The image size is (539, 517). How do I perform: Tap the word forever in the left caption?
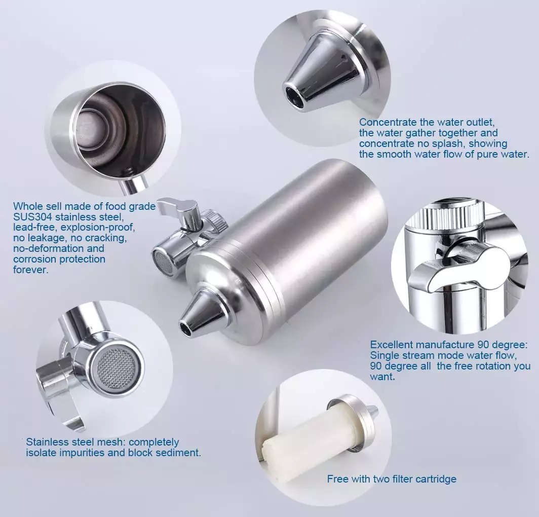[x=30, y=270]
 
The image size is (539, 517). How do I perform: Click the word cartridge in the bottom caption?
[x=436, y=479]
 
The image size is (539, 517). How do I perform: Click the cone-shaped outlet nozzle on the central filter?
[x=201, y=312]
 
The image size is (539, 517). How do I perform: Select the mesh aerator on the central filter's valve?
[x=163, y=261]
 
